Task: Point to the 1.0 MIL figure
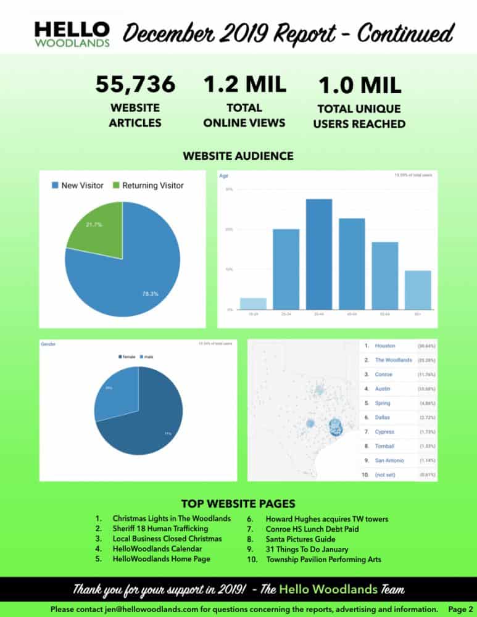[x=359, y=85]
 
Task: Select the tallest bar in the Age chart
[x=319, y=254]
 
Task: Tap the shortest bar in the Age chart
[x=253, y=303]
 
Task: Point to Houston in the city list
[x=385, y=346]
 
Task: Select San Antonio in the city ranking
[x=389, y=460]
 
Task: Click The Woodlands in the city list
[x=393, y=360]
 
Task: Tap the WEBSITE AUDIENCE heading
[x=238, y=156]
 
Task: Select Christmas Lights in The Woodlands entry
[x=172, y=518]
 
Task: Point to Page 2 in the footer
[x=461, y=609]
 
